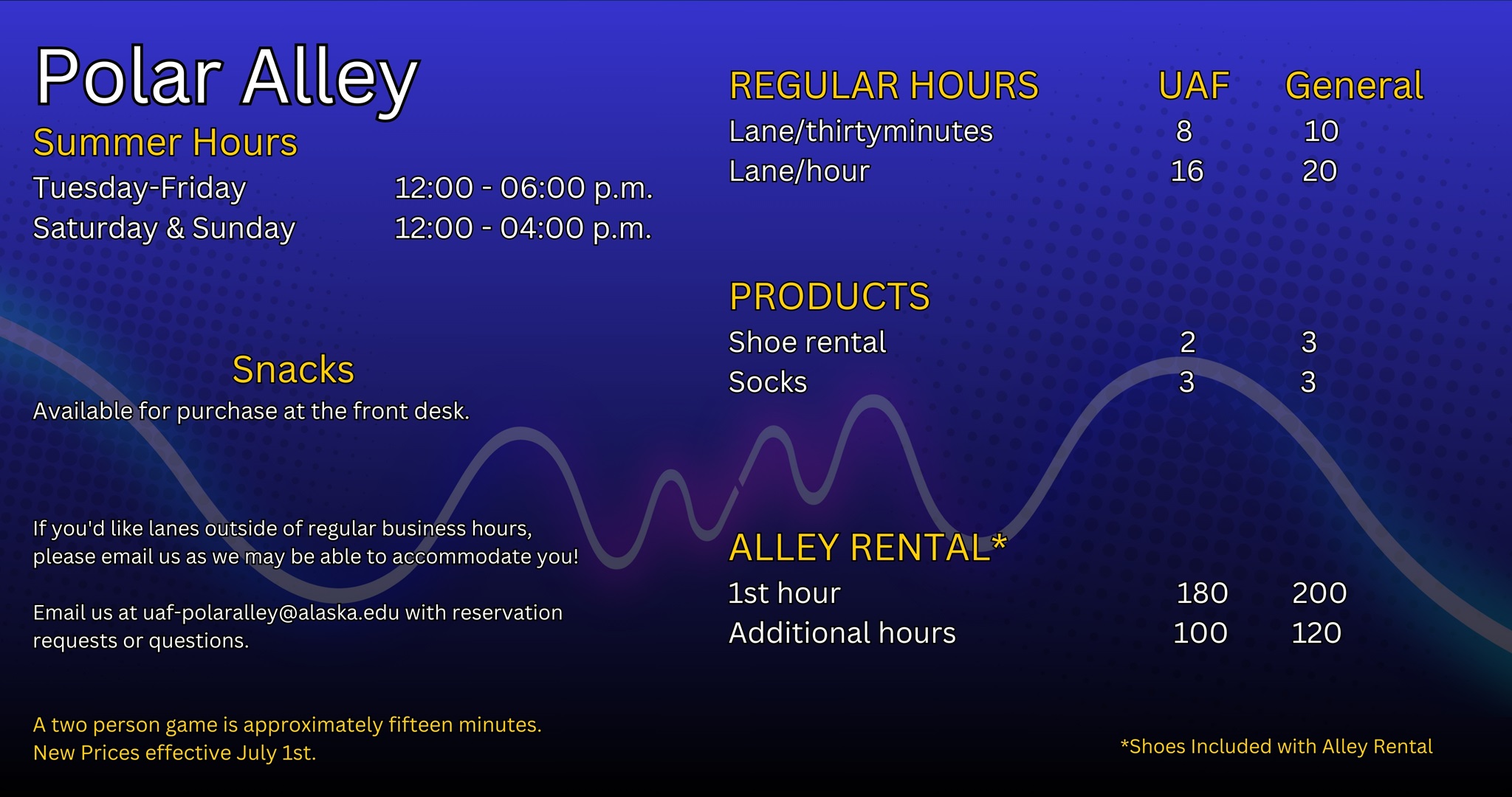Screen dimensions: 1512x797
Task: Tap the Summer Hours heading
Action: [165, 142]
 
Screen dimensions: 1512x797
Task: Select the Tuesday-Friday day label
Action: [140, 189]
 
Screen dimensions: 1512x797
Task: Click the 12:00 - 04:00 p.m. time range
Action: [523, 228]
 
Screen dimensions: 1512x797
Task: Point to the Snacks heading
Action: [293, 370]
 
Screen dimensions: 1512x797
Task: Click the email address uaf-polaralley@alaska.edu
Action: [271, 613]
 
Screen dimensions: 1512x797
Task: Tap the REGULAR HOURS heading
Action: [884, 86]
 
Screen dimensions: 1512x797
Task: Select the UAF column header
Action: [1194, 86]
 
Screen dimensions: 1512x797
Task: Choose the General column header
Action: [1355, 86]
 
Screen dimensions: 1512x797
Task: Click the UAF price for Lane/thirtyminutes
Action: [1184, 131]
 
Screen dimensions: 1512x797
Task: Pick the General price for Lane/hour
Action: [1320, 171]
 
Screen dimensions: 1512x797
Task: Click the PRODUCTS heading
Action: [830, 297]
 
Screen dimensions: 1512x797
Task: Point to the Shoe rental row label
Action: [807, 342]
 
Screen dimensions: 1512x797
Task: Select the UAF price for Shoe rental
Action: [1188, 342]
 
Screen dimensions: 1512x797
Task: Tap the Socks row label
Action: [768, 382]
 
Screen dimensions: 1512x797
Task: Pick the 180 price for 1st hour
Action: [1203, 593]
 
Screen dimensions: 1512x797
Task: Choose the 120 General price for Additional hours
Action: [1316, 633]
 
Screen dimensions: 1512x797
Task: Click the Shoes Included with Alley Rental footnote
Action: [1276, 747]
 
